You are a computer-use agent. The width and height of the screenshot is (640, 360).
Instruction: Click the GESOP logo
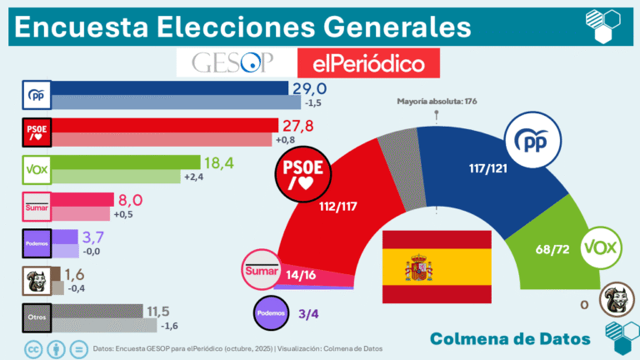click(x=237, y=63)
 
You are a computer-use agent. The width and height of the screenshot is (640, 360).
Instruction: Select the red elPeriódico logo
click(x=367, y=63)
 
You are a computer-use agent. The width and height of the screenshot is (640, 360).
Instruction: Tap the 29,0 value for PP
click(x=307, y=88)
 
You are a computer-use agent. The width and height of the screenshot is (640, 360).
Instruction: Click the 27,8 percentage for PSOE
click(x=297, y=125)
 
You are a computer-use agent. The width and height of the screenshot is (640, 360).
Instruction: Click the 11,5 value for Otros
click(x=164, y=311)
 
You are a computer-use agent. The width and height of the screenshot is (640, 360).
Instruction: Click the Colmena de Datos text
click(x=511, y=338)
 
